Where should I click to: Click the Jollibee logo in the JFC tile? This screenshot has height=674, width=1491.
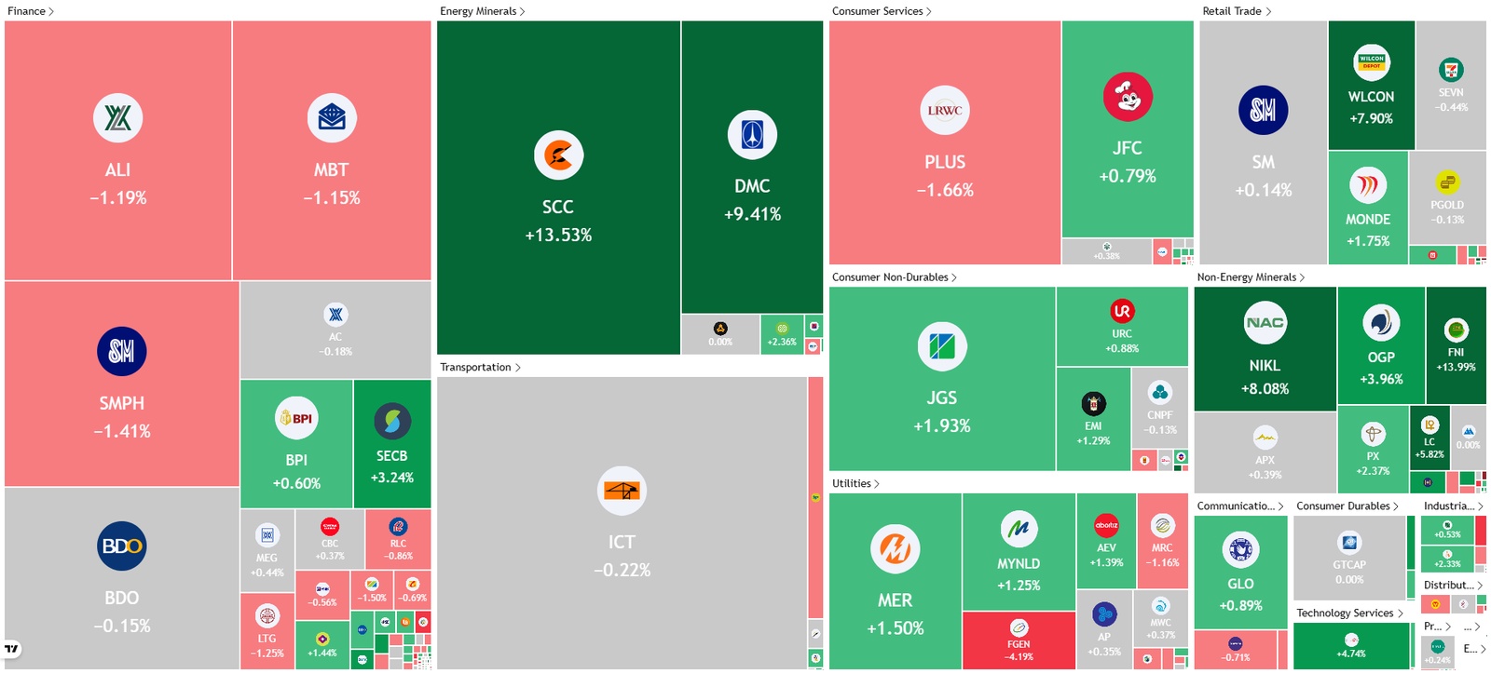coord(1128,97)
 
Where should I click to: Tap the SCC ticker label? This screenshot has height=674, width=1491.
coord(557,207)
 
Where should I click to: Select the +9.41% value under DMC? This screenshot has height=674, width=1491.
coord(752,214)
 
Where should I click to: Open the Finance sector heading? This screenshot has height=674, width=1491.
coord(30,11)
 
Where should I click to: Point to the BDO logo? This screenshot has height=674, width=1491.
coord(122,546)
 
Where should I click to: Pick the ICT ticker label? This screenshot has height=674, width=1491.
coord(622,542)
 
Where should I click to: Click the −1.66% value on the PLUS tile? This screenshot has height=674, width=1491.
coord(945,190)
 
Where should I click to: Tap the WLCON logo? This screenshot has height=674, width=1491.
coord(1372,62)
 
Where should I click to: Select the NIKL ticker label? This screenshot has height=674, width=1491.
coord(1265,366)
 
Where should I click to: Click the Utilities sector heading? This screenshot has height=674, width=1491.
coord(855,483)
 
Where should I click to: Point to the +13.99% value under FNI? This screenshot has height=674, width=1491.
coord(1456,367)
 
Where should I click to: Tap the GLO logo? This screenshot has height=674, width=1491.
coord(1240,549)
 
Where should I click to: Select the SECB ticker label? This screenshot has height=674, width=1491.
coord(391,456)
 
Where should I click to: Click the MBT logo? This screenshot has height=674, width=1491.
coord(332,118)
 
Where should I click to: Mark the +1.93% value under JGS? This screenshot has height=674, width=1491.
coord(941,425)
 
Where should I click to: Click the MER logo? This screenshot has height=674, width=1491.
coord(896,549)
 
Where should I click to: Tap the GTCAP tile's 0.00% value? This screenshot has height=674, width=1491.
coord(1348,579)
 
